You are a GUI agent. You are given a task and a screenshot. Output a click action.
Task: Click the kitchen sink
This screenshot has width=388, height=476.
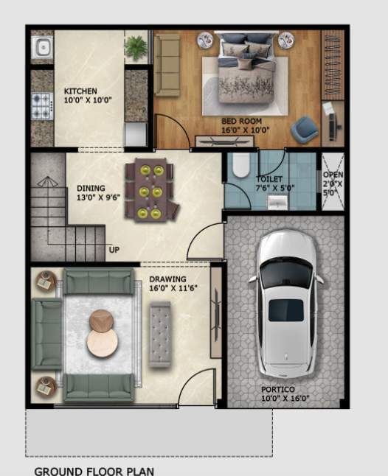[42, 49]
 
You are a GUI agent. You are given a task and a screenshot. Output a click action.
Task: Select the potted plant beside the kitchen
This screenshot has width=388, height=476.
[136, 48]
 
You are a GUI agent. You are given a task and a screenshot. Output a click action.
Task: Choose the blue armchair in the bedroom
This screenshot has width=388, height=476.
[302, 130]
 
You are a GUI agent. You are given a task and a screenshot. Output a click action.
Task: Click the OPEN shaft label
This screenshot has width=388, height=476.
[333, 183]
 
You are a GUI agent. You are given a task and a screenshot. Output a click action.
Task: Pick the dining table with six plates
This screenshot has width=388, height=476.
[151, 191]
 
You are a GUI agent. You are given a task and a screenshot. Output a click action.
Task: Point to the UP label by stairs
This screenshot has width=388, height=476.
[114, 249]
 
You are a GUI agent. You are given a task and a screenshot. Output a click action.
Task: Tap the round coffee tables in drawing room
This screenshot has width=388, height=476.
[102, 332]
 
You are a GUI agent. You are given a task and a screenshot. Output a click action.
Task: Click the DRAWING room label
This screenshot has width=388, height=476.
[167, 284]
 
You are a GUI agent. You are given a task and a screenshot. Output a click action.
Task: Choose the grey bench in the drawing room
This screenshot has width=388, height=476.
[159, 334]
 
